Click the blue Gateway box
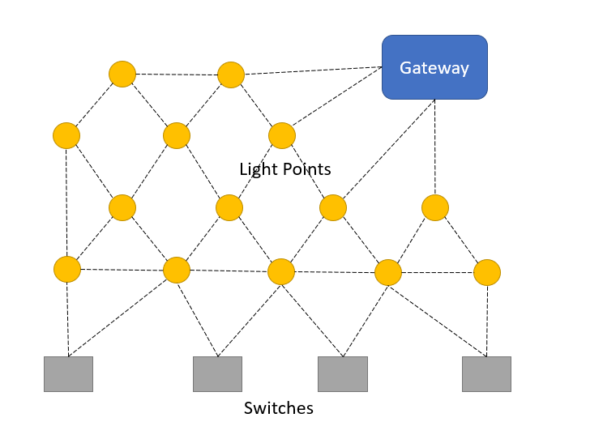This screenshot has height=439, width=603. coord(434,67)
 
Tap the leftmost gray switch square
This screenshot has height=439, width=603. coord(68,374)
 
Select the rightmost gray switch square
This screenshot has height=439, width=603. coord(486,374)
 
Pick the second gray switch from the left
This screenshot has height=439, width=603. coord(218,374)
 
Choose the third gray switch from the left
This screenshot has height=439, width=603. coord(343,374)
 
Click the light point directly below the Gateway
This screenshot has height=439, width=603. coord(435,207)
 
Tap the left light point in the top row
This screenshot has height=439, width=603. coord(122,74)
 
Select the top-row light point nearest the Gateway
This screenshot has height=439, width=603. coord(231,75)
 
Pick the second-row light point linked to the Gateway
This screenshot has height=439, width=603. coord(282,136)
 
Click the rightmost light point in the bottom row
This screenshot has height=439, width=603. coord(487,272)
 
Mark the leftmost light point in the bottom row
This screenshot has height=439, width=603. coord(67,269)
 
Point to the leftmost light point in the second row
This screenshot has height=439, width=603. coord(66,136)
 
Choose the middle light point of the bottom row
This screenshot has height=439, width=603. coord(281,272)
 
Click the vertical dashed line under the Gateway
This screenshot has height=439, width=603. coord(435,147)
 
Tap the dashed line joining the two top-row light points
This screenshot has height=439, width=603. coord(177,75)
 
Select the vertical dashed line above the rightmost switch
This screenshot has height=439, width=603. coord(487,321)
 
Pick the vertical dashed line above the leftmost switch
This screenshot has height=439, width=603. coord(68,319)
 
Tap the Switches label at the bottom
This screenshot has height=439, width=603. coord(279,408)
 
